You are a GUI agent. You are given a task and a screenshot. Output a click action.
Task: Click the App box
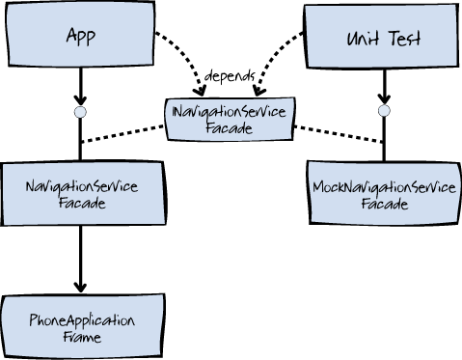pos(80,34)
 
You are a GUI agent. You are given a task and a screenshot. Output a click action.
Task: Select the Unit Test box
pos(382,36)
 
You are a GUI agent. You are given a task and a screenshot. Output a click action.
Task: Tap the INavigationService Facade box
pos(230,120)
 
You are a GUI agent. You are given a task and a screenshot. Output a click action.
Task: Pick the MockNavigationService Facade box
pos(385,193)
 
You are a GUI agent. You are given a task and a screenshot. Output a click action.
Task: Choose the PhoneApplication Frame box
pos(83,326)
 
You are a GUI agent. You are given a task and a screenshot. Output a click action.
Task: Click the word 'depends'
pos(230,76)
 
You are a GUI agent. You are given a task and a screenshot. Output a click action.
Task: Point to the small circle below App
pos(80,112)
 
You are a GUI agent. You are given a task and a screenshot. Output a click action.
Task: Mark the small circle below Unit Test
pos(384,111)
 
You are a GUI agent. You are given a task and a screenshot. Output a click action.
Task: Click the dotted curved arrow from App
pos(187,54)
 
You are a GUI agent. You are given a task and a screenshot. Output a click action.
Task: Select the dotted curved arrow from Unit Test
pos(271,55)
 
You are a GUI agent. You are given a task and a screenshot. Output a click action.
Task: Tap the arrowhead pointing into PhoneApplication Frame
pos(80,287)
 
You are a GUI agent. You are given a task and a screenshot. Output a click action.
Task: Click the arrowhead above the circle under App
pos(80,100)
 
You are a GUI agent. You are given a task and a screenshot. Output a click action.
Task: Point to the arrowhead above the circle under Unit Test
pos(384,98)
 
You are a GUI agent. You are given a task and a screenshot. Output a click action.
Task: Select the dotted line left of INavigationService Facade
pos(122,134)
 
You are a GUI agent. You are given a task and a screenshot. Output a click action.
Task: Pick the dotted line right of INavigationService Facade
pos(339,134)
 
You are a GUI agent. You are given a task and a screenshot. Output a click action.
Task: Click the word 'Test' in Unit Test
pos(405,39)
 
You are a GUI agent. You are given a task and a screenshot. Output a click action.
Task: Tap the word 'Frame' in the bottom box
pos(82,337)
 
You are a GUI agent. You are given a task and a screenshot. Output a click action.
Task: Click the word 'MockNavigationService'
pos(384,187)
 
